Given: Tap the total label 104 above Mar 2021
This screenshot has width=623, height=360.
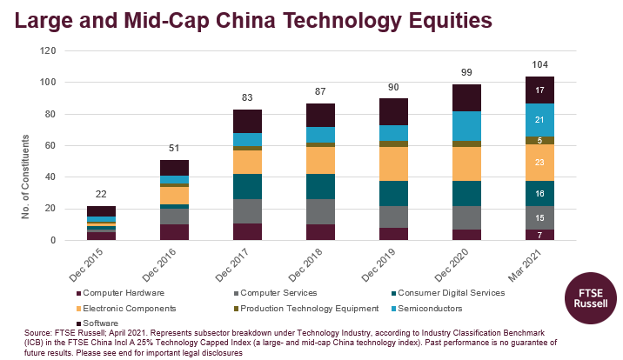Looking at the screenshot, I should coord(539,64).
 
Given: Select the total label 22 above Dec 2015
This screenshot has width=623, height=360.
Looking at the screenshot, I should coord(102,194).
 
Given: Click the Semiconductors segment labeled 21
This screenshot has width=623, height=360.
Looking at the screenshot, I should coord(539,120).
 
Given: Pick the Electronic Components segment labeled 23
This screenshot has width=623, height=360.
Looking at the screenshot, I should coord(539,163).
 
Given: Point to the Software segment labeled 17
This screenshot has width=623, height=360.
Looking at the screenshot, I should coord(539,90).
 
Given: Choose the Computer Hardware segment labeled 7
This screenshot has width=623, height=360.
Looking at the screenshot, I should coord(539,235).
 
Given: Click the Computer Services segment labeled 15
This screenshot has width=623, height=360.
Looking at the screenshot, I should coord(539,217).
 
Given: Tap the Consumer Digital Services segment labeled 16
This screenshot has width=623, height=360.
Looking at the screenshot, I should coord(539,193).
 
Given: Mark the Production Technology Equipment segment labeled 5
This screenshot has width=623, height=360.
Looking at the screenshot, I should coord(539,140).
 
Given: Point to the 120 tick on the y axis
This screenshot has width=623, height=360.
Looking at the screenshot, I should coord(48,50).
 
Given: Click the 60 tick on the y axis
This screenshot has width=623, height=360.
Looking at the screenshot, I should coord(50,145).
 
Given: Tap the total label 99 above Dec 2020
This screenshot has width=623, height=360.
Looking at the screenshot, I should coord(466,72).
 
